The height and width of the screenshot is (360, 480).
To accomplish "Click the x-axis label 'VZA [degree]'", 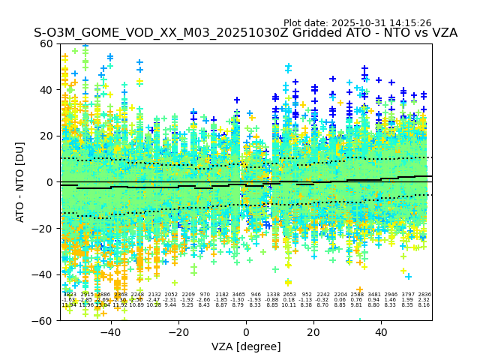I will [246, 346].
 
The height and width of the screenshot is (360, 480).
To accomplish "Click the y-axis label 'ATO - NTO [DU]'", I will [21, 182].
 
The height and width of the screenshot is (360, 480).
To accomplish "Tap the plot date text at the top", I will [357, 23].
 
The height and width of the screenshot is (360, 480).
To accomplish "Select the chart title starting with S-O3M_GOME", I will [245, 33].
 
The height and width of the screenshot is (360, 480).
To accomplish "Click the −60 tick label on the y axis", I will [45, 320].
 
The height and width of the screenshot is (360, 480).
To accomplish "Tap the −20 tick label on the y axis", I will [45, 229].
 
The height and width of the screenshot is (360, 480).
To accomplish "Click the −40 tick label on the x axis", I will [110, 332].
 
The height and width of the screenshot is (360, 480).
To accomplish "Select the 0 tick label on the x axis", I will [246, 332].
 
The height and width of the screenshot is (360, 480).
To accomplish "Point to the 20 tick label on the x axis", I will [313, 332].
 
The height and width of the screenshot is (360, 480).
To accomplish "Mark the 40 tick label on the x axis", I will [381, 332].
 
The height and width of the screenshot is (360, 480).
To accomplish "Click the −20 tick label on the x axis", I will [178, 332].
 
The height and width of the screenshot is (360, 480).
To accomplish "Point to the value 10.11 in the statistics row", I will [289, 305].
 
